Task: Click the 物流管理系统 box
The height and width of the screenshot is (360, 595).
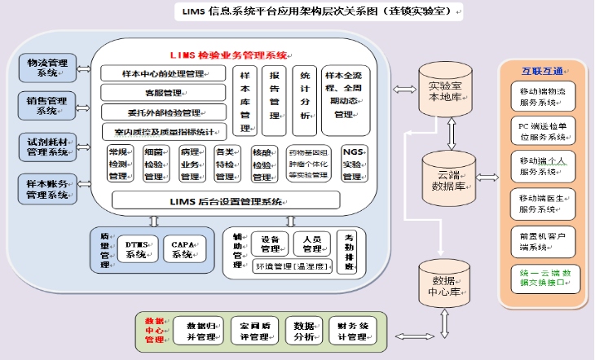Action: coord(47,68)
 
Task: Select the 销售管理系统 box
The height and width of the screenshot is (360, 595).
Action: coord(47,106)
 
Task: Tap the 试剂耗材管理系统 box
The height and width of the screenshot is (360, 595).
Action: coord(47,146)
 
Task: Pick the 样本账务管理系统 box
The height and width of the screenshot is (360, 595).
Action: coord(47,189)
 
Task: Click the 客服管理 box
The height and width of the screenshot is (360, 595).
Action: coord(163,92)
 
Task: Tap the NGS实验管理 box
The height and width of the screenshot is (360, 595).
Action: coord(353,164)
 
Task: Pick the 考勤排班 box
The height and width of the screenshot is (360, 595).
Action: coord(350,252)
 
